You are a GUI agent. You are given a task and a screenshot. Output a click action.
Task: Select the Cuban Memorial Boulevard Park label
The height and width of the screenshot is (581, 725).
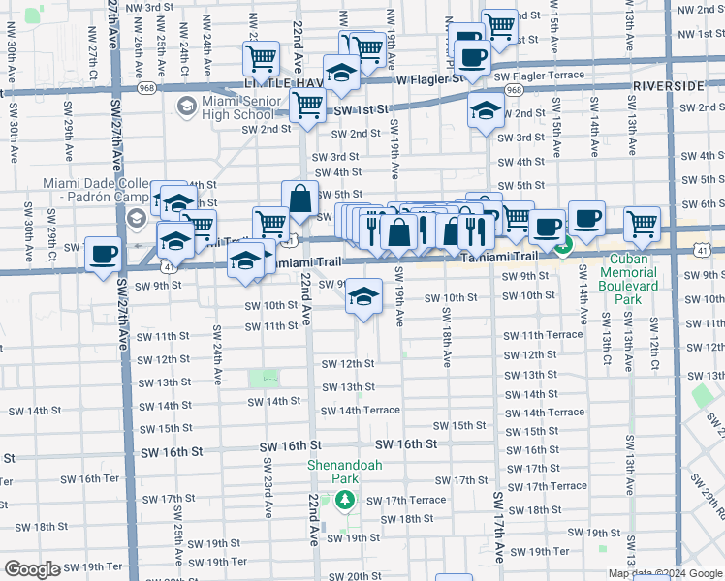627,279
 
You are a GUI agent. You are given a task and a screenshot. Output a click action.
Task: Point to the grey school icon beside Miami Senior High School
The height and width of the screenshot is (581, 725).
185,105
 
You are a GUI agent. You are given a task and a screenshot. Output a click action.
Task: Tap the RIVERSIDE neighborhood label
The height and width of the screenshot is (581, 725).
668,86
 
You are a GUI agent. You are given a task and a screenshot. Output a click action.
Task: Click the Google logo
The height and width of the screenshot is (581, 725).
33,569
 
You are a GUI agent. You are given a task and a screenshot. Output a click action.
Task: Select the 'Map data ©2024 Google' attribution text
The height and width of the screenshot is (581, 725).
665,572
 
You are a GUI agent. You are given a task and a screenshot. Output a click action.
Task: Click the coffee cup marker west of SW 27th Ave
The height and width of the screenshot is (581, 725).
102,255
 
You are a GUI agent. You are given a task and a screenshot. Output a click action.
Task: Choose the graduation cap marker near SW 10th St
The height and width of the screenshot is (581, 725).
362,296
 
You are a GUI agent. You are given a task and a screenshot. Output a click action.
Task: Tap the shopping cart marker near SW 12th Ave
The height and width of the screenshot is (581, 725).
642,224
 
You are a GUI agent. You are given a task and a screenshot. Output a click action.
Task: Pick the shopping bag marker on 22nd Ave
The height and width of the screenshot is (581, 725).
300,199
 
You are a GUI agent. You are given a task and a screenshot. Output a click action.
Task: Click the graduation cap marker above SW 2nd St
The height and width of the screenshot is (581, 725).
486,110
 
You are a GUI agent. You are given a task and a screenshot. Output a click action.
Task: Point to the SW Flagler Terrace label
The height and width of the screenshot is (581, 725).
539,76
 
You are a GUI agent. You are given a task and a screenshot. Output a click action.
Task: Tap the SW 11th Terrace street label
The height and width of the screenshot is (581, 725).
543,335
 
